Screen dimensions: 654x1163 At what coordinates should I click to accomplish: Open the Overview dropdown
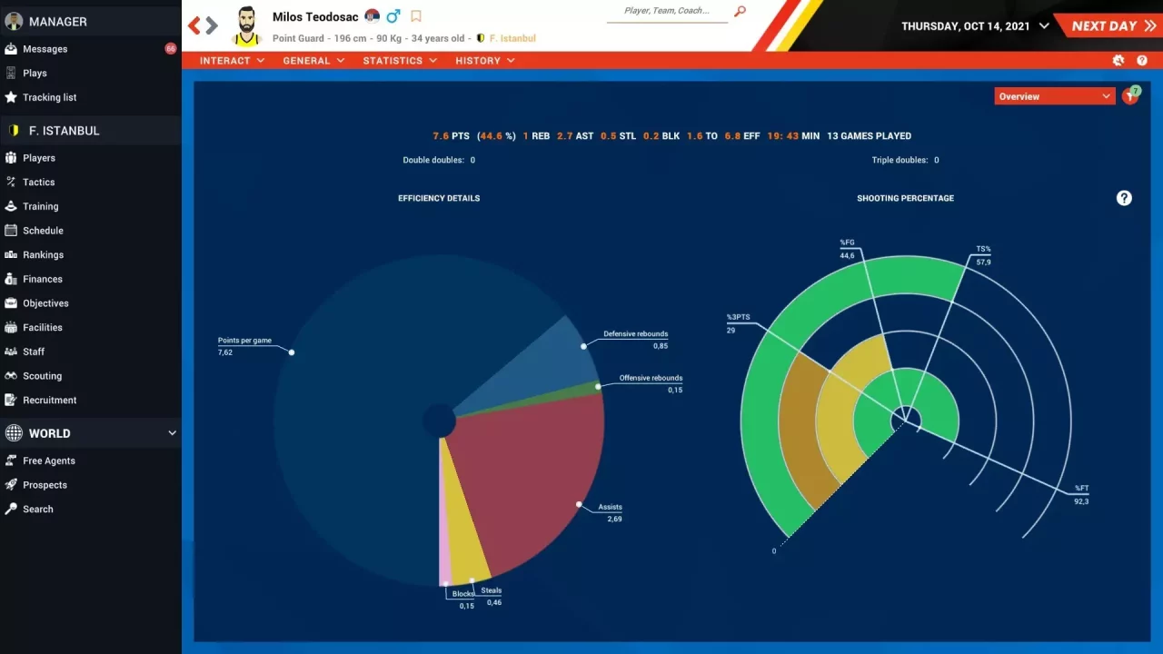click(1054, 96)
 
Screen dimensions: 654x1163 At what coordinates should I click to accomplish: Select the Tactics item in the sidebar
click(39, 182)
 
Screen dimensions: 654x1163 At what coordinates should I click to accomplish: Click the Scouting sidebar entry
click(42, 376)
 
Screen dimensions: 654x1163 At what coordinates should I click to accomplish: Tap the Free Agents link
click(49, 461)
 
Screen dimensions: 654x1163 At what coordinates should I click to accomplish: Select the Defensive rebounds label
click(635, 334)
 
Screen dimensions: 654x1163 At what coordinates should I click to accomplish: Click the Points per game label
click(244, 341)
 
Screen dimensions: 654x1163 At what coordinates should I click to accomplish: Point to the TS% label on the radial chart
click(983, 249)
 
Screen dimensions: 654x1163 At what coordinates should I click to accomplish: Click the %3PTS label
click(738, 318)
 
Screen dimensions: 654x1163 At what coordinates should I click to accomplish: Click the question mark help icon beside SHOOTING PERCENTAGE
click(1124, 198)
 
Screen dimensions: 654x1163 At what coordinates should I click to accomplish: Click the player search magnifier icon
click(740, 12)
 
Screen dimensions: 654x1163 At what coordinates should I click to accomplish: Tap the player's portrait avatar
click(246, 26)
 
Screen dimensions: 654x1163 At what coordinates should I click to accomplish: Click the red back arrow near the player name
click(194, 25)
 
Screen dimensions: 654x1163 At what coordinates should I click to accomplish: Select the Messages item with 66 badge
click(45, 49)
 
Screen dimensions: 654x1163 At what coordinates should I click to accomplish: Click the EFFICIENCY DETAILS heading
click(439, 198)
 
